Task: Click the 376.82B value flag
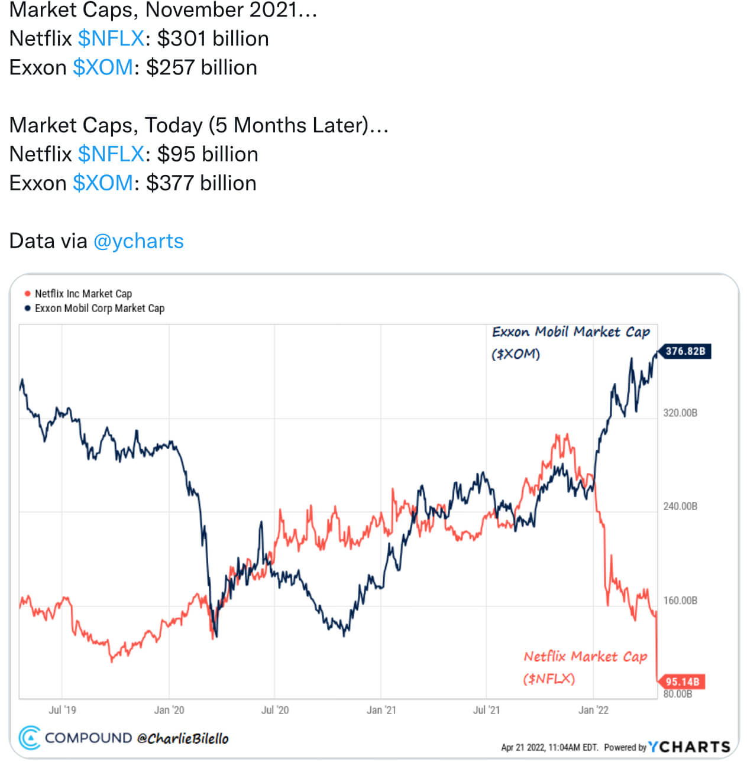click(685, 351)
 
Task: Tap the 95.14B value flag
click(682, 682)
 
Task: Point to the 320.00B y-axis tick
click(680, 413)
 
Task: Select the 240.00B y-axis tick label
click(680, 506)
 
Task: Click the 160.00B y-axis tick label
click(680, 601)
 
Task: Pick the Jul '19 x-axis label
click(62, 710)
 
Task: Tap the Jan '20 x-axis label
click(169, 710)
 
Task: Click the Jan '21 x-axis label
click(381, 710)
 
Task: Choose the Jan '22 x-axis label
click(593, 710)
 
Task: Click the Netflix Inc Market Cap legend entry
click(83, 294)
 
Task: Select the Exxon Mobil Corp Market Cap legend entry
click(99, 309)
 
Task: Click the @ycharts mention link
click(138, 241)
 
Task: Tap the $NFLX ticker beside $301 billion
click(111, 38)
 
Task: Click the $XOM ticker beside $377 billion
click(103, 183)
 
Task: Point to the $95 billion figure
click(208, 154)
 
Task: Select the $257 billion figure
click(202, 67)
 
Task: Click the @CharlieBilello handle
click(183, 738)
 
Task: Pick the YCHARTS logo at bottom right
click(689, 747)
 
